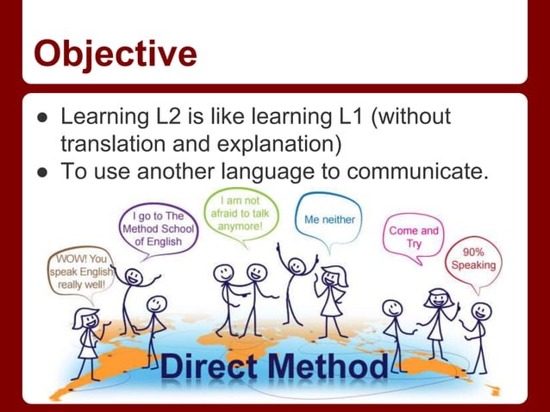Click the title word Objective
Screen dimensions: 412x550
point(115,53)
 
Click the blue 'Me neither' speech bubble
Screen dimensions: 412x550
point(329,220)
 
